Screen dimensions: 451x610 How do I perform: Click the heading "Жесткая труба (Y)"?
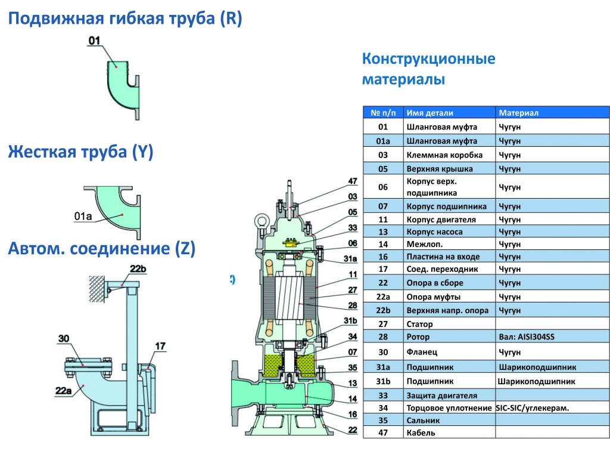pos(80,153)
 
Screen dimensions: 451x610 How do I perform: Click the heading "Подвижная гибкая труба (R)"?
pos(125,20)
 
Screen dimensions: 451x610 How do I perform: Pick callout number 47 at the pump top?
pos(353,181)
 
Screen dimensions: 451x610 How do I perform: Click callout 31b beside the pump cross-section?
pos(351,322)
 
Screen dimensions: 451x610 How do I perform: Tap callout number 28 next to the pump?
pos(353,306)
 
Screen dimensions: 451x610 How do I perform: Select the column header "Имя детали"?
pos(430,113)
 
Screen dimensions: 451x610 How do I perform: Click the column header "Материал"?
pos(518,113)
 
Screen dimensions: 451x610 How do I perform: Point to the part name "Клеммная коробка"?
pos(436,155)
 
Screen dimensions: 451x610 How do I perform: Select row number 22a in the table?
pos(382,296)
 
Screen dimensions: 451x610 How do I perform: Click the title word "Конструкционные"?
pos(428,60)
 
